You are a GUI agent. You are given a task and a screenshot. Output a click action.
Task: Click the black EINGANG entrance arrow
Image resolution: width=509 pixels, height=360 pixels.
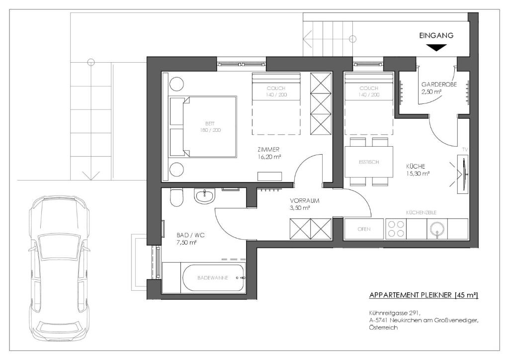(x=436, y=48)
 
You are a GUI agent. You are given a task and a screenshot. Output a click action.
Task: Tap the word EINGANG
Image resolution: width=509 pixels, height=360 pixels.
(x=436, y=35)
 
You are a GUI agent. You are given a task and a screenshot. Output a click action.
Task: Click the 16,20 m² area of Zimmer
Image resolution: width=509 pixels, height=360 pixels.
(x=269, y=157)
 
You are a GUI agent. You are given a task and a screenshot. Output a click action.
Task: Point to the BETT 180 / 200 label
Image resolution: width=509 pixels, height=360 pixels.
(x=210, y=127)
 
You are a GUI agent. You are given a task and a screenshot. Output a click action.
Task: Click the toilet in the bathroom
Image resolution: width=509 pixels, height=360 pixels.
(x=177, y=197)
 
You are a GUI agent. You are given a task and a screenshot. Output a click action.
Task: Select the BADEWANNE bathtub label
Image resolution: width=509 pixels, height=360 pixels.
(x=213, y=278)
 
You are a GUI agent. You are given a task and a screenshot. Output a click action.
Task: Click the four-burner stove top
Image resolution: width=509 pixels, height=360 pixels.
(x=396, y=229)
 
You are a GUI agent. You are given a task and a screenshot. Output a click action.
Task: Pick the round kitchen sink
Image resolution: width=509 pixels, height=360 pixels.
(x=437, y=229)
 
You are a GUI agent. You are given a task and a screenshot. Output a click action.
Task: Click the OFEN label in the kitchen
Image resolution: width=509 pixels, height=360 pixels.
(x=364, y=229)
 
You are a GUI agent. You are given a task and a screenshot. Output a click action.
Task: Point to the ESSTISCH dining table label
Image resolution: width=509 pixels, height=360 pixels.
(x=369, y=162)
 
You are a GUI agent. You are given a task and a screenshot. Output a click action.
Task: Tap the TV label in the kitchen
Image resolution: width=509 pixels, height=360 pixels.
(x=465, y=150)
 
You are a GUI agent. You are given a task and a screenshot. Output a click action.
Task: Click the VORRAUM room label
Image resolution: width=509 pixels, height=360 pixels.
(x=305, y=200)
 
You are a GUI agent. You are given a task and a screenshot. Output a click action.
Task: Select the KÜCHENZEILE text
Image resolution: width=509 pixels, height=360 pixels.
(x=421, y=213)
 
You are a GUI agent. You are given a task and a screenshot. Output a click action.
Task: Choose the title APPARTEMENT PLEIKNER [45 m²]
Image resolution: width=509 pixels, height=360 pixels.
(x=424, y=295)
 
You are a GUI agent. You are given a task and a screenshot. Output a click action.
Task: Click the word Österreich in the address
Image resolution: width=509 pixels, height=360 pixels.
(x=383, y=328)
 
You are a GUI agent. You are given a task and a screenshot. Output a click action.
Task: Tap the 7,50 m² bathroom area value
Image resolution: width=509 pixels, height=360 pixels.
(x=187, y=242)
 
